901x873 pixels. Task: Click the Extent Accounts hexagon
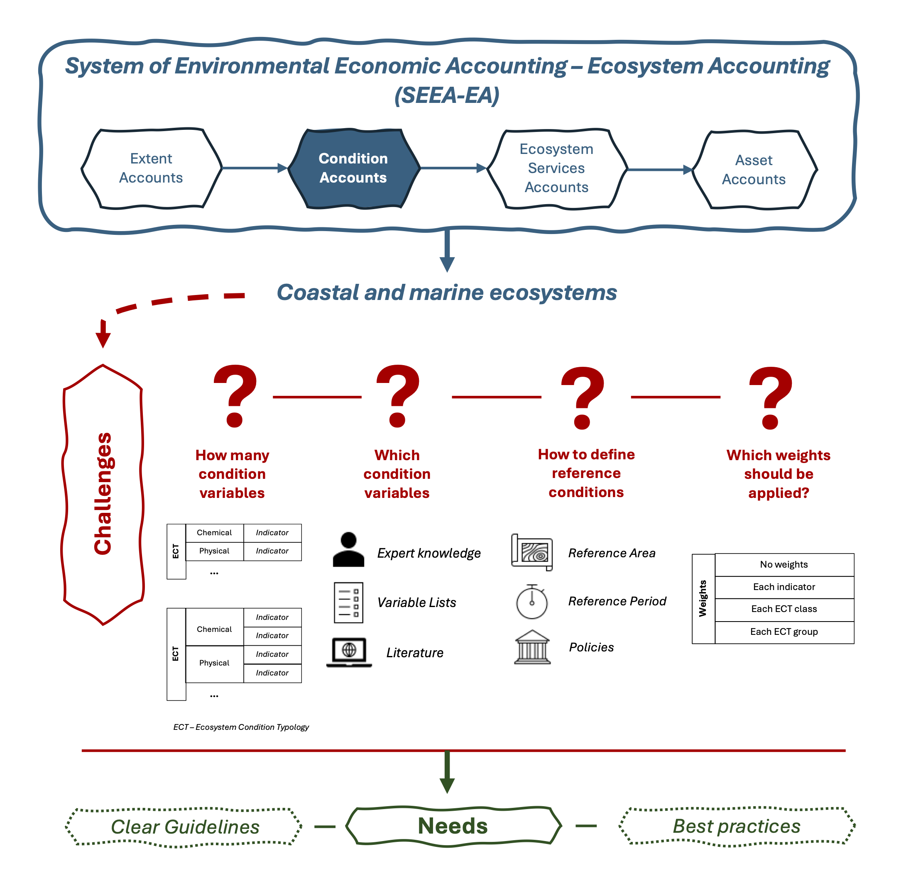pyautogui.click(x=151, y=168)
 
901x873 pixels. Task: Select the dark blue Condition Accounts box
pyautogui.click(x=353, y=168)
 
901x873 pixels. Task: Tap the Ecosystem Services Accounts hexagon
pyautogui.click(x=557, y=168)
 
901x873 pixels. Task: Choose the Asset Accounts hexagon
pyautogui.click(x=754, y=170)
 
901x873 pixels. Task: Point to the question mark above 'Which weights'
pyautogui.click(x=771, y=397)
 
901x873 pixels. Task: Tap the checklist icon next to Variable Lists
pyautogui.click(x=348, y=602)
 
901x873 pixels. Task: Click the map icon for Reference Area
pyautogui.click(x=532, y=552)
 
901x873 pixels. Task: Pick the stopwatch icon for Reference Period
pyautogui.click(x=532, y=602)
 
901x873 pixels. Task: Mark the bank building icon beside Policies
pyautogui.click(x=532, y=647)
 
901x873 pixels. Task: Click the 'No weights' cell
pyautogui.click(x=784, y=565)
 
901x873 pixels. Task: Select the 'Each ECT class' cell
pyautogui.click(x=784, y=609)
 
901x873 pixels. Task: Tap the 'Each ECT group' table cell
pyautogui.click(x=784, y=632)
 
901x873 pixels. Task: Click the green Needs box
pyautogui.click(x=453, y=826)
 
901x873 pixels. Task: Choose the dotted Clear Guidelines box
pyautogui.click(x=184, y=827)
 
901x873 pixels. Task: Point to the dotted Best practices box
pyautogui.click(x=737, y=826)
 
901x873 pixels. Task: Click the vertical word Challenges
pyautogui.click(x=103, y=494)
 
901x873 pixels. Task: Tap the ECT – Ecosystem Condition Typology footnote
pyautogui.click(x=241, y=727)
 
